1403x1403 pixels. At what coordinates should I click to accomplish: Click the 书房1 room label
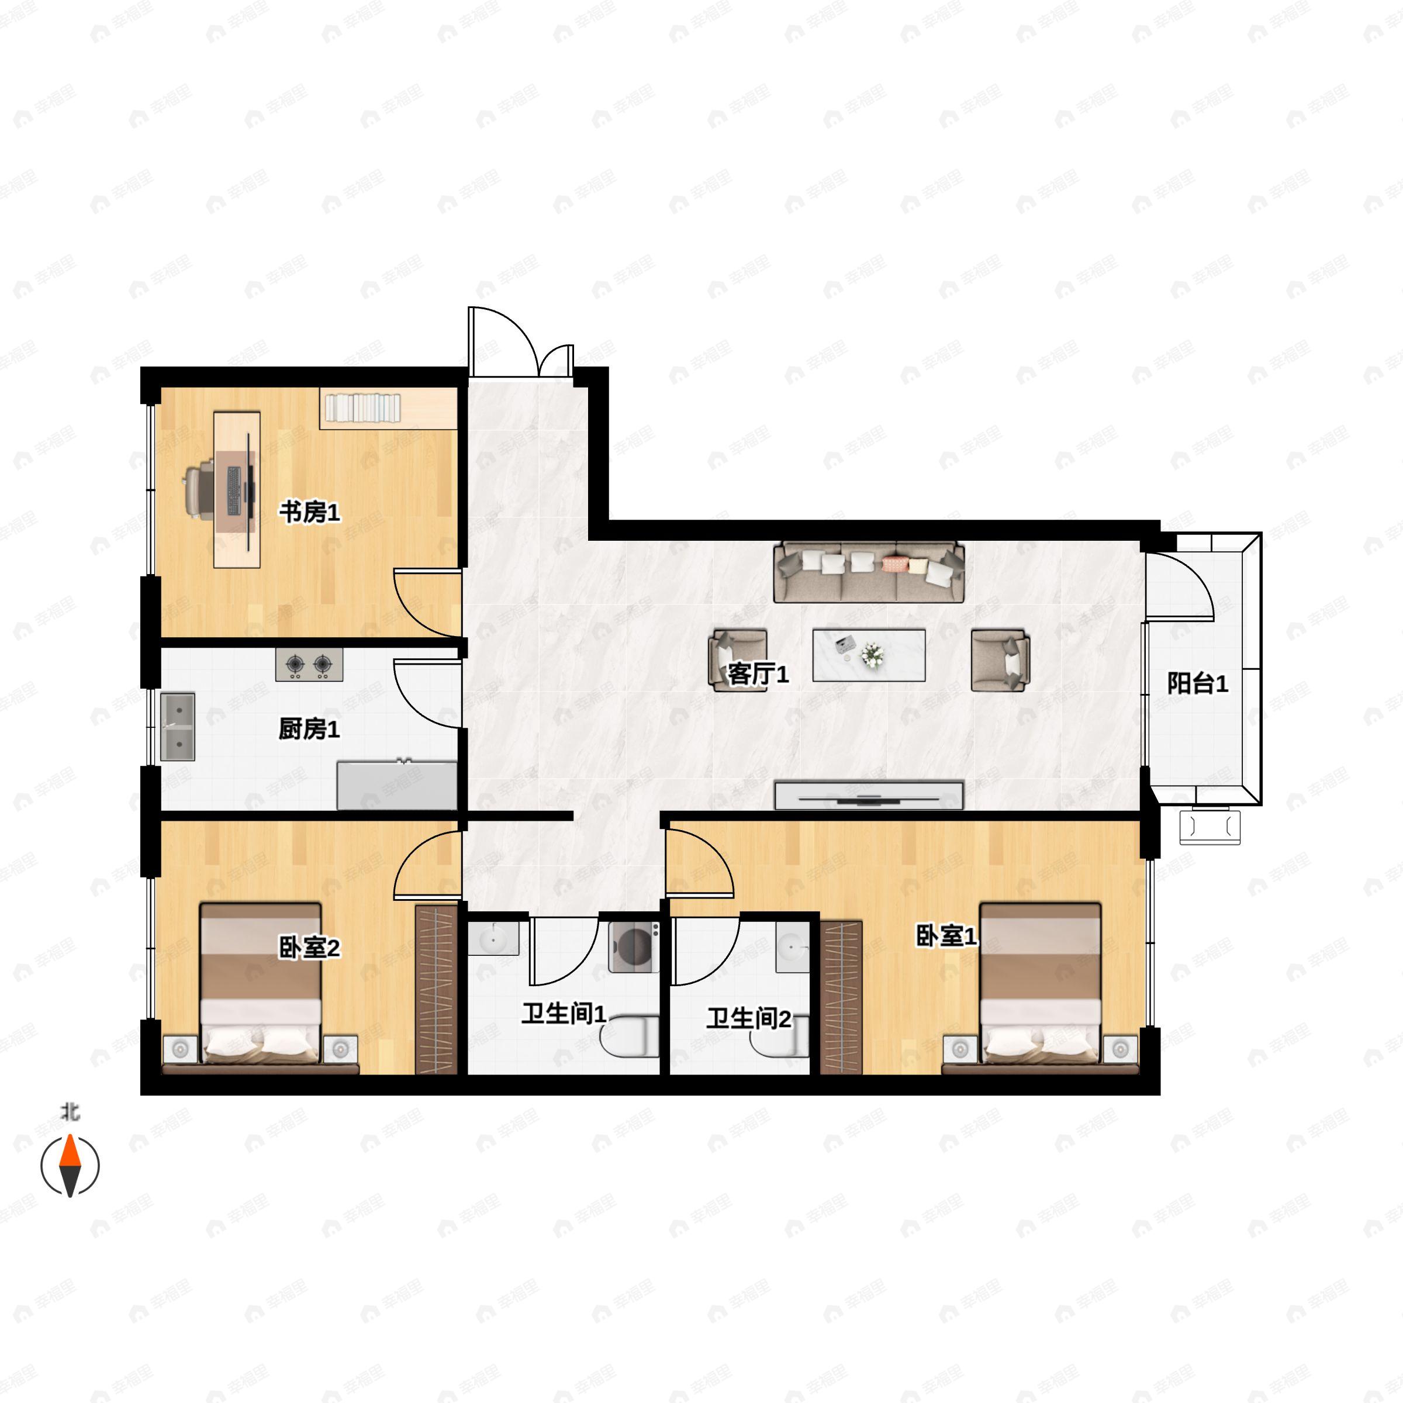(x=309, y=513)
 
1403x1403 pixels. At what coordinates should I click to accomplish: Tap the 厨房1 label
(x=309, y=729)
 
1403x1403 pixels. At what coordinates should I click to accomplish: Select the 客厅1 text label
(x=758, y=675)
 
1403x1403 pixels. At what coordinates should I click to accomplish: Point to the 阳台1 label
(x=1197, y=683)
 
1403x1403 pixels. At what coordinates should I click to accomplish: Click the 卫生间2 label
(x=749, y=1018)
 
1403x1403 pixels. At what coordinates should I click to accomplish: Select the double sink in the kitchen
(x=177, y=726)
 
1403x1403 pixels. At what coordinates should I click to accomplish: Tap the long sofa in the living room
(x=869, y=572)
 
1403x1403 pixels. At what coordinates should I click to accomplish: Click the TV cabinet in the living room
(x=869, y=796)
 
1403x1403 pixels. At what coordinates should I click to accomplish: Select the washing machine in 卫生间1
(x=634, y=946)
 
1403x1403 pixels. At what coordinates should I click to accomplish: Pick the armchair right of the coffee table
(x=1001, y=660)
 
